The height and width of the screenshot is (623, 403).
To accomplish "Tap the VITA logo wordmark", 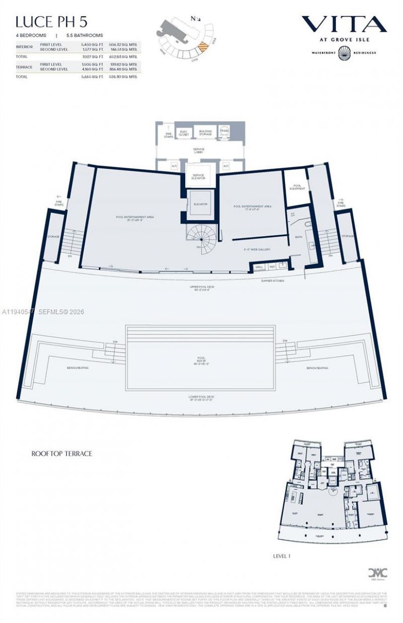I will coord(344,24).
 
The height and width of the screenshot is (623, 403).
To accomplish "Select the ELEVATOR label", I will coord(200,204).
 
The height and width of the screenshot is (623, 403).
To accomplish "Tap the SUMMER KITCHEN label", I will coord(273,281).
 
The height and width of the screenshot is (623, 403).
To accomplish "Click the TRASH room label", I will coord(224,131).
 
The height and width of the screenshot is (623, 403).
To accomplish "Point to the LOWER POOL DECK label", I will coord(201,398).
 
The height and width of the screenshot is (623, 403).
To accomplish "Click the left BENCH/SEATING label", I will coord(78,368).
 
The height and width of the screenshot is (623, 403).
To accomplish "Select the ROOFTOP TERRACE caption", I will coord(61,453).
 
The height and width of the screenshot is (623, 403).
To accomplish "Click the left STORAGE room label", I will coord(53,236).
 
